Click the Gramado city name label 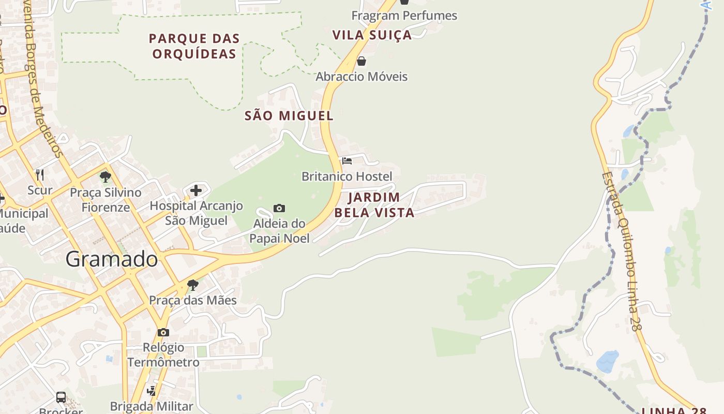(112, 259)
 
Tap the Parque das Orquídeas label (194, 46)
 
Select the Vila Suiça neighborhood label (372, 35)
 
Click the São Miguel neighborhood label (289, 116)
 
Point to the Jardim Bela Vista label (374, 205)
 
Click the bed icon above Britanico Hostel (347, 161)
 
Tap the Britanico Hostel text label (347, 176)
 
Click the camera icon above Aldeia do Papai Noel (279, 208)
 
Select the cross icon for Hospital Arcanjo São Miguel (196, 190)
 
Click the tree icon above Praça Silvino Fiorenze (105, 177)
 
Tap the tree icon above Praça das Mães (193, 285)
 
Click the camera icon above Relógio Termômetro (163, 332)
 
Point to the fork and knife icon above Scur (40, 174)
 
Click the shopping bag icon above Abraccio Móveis (361, 61)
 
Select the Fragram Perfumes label (404, 16)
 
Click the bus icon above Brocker (61, 397)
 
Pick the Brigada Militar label (152, 406)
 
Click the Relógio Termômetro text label (163, 354)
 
